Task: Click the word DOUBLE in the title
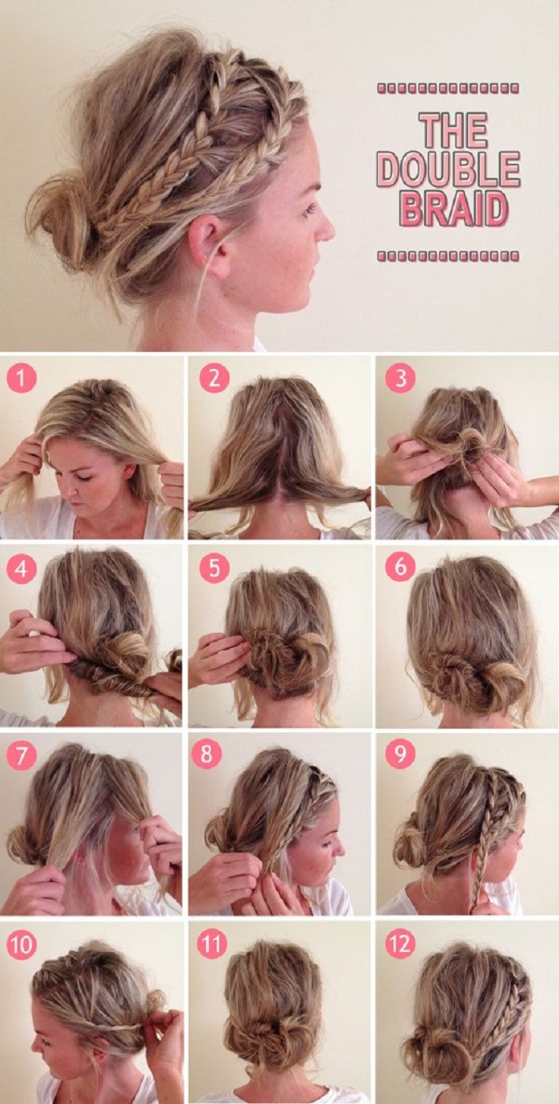pyautogui.click(x=448, y=169)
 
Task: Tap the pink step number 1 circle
pyautogui.click(x=21, y=378)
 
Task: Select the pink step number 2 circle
pyautogui.click(x=214, y=378)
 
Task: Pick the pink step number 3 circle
pyautogui.click(x=400, y=378)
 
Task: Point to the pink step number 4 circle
pyautogui.click(x=21, y=568)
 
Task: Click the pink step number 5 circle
pyautogui.click(x=214, y=568)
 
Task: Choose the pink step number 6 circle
pyautogui.click(x=400, y=567)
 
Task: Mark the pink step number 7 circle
pyautogui.click(x=21, y=755)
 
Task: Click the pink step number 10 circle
pyautogui.click(x=21, y=944)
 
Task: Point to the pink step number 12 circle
pyautogui.click(x=400, y=944)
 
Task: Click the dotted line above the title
pyautogui.click(x=448, y=89)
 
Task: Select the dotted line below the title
pyautogui.click(x=448, y=255)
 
